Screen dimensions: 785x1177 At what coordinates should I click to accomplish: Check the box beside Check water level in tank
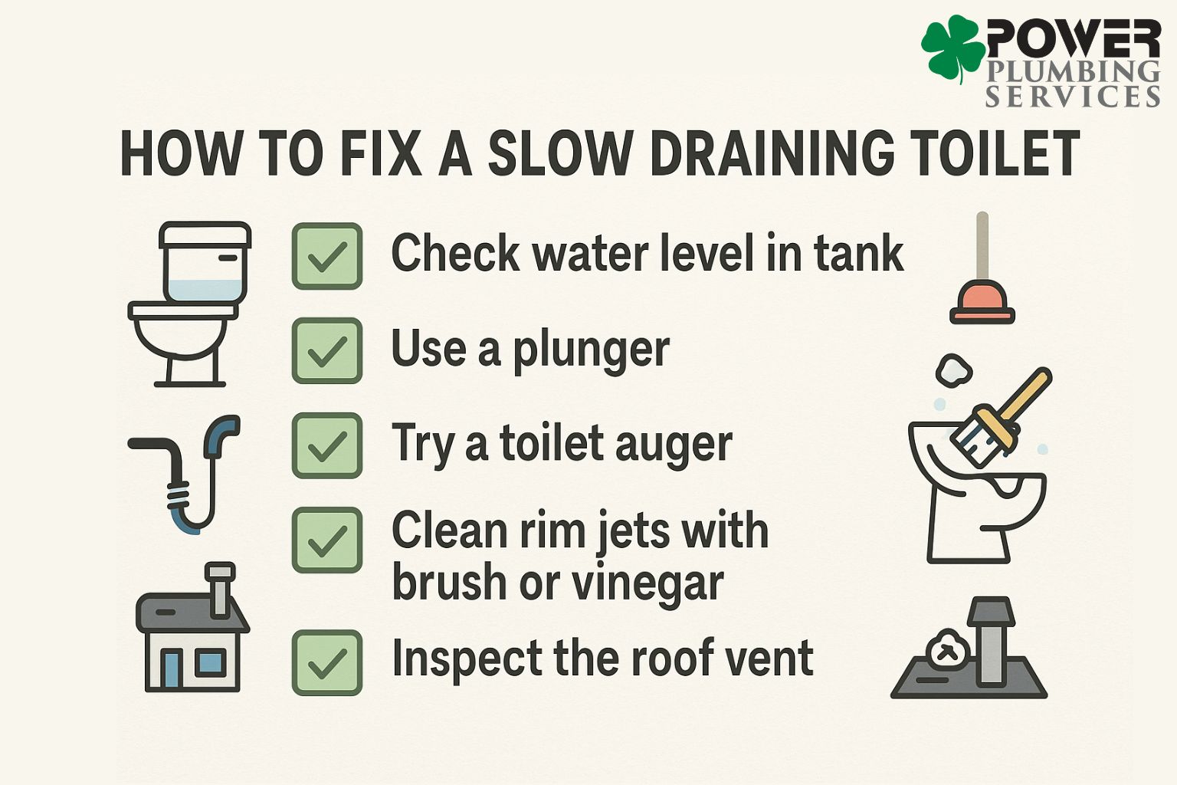(327, 256)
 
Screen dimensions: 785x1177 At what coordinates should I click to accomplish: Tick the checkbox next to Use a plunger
(327, 351)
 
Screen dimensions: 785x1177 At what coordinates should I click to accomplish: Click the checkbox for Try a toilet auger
(327, 445)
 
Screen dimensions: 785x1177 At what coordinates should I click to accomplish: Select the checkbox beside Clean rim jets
(327, 540)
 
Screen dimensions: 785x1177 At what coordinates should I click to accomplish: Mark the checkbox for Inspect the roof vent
(327, 662)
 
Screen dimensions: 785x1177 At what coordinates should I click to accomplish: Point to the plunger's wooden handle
(982, 245)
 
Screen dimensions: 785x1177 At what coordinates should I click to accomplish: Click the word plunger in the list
(591, 351)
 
